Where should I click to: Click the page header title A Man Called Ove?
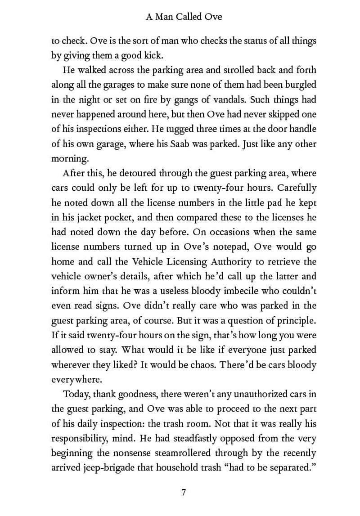point(184,17)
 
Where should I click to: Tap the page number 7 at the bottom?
point(184,492)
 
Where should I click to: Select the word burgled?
point(301,85)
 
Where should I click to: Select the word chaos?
point(202,365)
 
